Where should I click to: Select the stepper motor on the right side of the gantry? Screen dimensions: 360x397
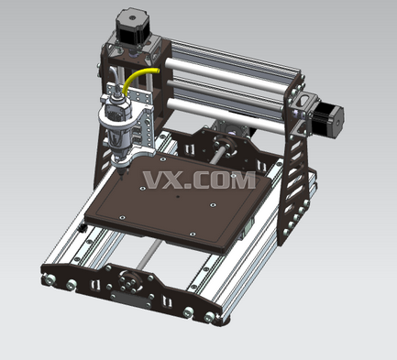coord(327,116)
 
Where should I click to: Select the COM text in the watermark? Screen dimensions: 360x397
coord(225,180)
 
